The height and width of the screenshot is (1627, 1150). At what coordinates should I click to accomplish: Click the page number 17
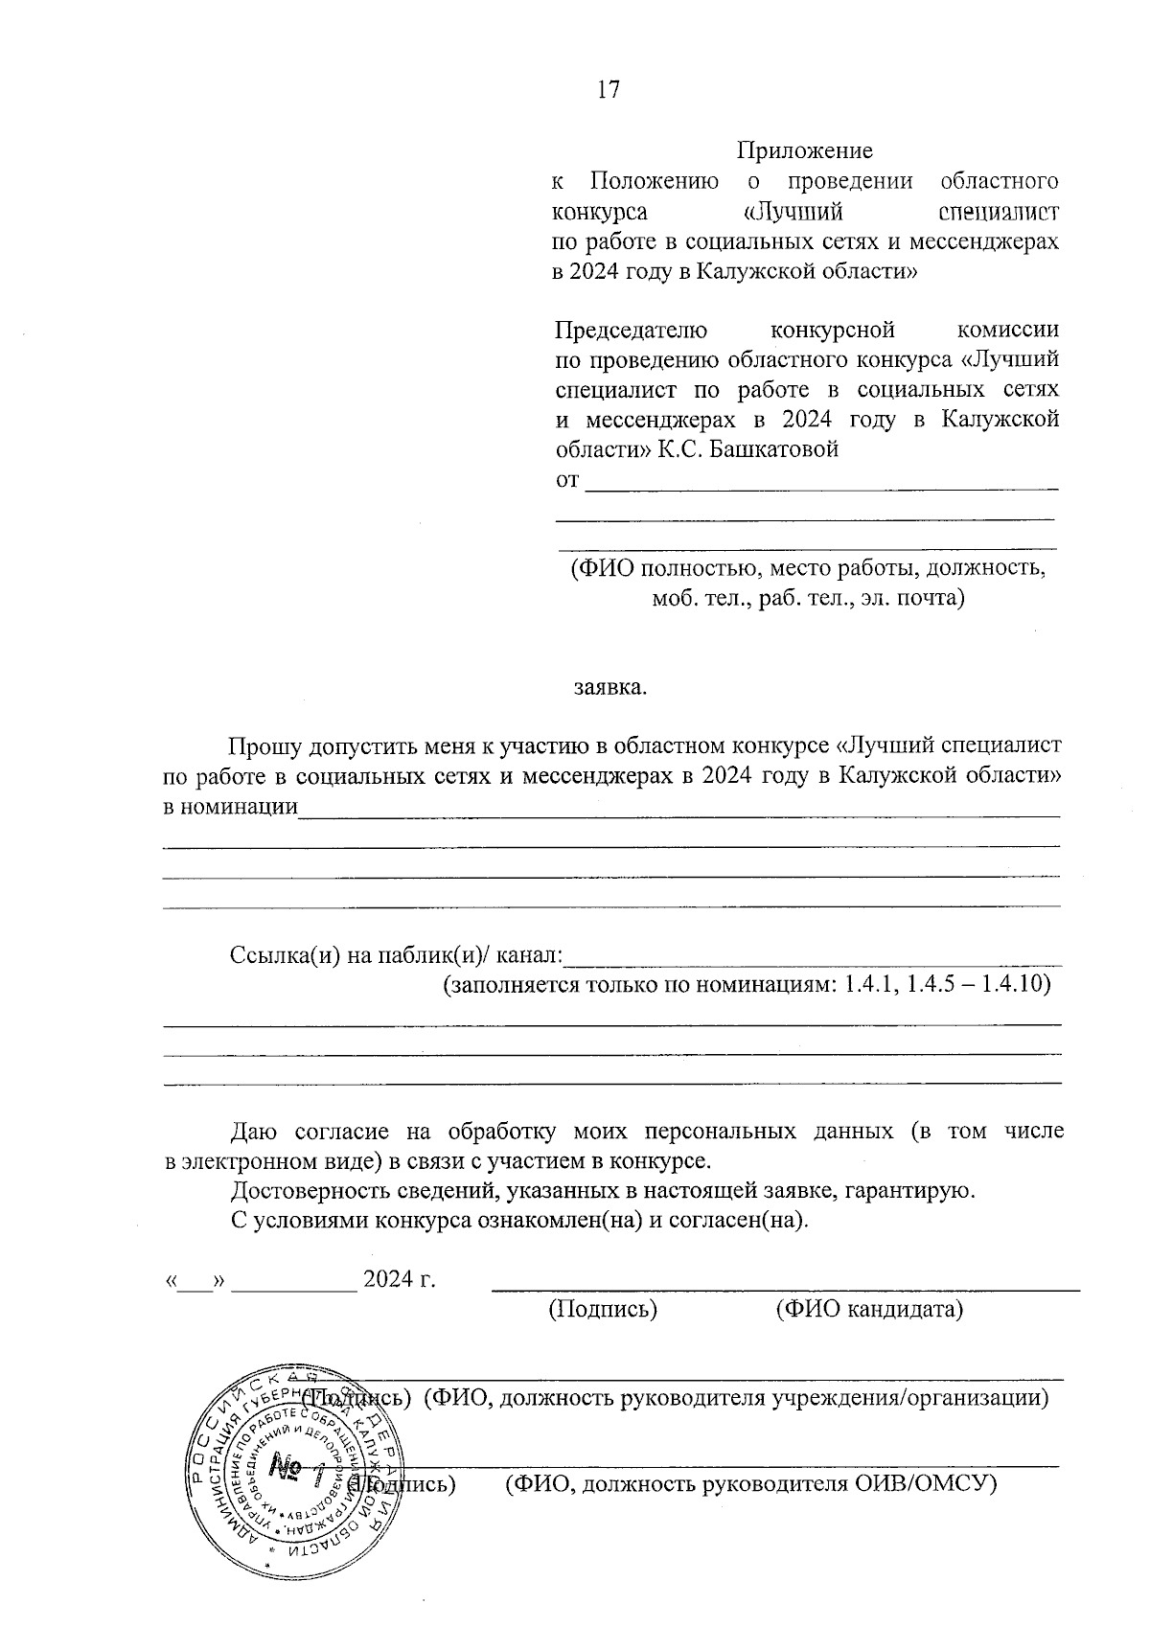pyautogui.click(x=609, y=90)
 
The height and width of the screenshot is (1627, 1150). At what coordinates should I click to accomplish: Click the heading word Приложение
pyautogui.click(x=804, y=150)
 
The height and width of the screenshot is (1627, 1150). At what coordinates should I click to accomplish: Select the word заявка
pyautogui.click(x=609, y=687)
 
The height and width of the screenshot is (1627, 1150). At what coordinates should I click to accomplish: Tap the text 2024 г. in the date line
pyautogui.click(x=400, y=1278)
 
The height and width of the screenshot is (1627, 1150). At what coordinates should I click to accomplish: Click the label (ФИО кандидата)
pyautogui.click(x=868, y=1308)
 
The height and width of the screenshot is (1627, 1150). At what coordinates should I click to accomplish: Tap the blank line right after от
pyautogui.click(x=821, y=485)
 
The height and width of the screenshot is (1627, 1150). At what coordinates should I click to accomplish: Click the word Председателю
pyautogui.click(x=632, y=331)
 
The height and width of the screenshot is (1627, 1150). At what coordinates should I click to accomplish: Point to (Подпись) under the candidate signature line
pyautogui.click(x=602, y=1308)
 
